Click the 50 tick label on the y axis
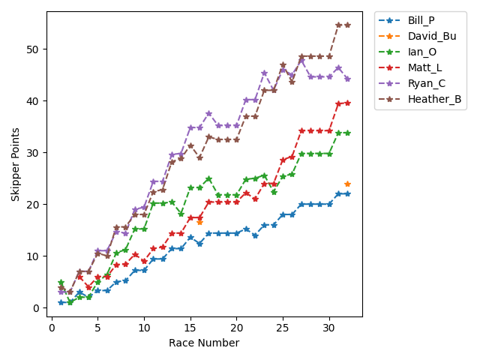click(34, 49)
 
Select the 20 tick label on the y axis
click(34, 205)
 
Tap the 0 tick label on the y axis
click(36, 308)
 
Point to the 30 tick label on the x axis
click(329, 328)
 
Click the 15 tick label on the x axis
click(190, 328)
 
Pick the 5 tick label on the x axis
click(97, 328)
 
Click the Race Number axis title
click(204, 343)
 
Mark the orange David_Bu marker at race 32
click(347, 184)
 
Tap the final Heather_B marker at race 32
click(347, 25)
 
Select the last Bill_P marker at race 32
click(347, 193)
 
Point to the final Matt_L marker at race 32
click(347, 103)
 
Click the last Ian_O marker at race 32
click(347, 133)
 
